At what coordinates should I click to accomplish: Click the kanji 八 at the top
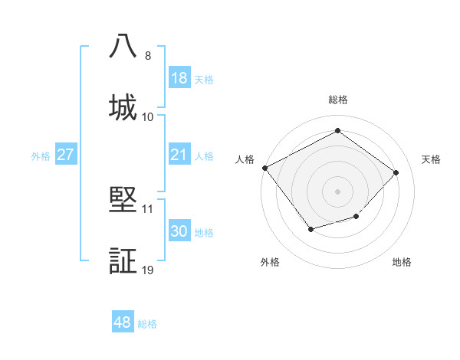tap(123, 47)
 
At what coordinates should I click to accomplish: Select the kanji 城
tap(123, 106)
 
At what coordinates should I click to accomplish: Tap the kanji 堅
tap(123, 198)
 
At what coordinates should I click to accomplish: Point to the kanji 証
tap(123, 260)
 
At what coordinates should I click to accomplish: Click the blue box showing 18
tap(179, 78)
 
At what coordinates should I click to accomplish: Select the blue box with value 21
tap(179, 155)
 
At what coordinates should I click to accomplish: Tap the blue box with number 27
tap(65, 155)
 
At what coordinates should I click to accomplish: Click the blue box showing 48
tap(123, 322)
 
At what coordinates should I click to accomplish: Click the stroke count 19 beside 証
tap(148, 270)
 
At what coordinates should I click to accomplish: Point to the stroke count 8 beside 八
tap(148, 55)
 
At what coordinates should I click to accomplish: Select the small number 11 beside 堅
tap(148, 208)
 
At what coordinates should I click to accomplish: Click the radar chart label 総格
tap(338, 100)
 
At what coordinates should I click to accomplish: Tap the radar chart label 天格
tap(431, 159)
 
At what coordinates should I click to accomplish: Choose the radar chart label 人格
tap(245, 159)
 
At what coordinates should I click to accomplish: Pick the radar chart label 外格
tap(270, 262)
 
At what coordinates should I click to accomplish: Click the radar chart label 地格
tap(402, 262)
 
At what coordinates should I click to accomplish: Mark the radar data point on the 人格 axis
tap(265, 168)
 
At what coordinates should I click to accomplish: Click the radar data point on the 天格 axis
tap(396, 172)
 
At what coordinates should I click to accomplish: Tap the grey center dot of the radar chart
tap(337, 191)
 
